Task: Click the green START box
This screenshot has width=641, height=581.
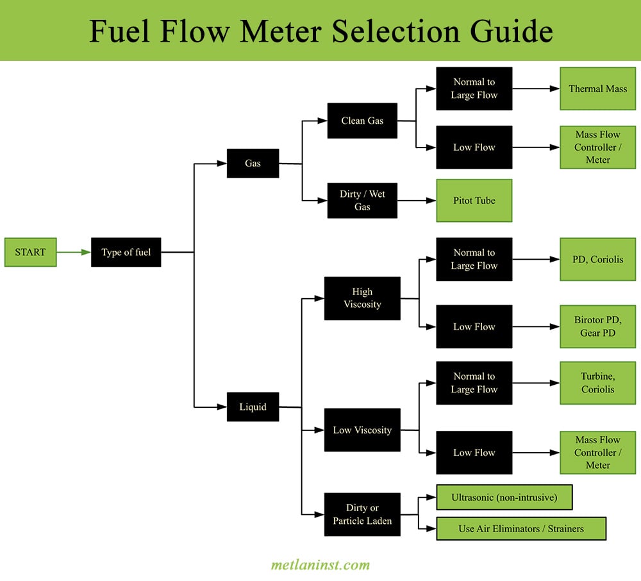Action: (x=30, y=252)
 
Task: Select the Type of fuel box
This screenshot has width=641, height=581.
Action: (x=126, y=252)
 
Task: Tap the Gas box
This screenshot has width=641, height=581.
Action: (x=253, y=163)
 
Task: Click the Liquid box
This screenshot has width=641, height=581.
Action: (x=253, y=407)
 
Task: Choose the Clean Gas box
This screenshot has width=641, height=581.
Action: (x=362, y=121)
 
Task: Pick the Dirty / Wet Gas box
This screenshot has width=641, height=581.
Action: (x=362, y=200)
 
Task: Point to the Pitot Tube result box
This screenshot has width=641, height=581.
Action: (x=474, y=200)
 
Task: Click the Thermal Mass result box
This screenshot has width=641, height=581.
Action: (x=597, y=88)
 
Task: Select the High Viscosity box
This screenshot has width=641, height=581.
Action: (x=362, y=298)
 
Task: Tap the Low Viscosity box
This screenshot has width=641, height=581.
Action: (x=362, y=430)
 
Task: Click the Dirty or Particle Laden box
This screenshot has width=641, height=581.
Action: (x=362, y=514)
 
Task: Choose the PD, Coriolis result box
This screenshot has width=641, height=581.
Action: (x=597, y=259)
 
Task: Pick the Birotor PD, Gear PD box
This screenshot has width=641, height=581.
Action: (x=597, y=326)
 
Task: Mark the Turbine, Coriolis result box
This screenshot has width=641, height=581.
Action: (x=597, y=383)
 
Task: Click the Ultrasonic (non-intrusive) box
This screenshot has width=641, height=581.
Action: (x=504, y=497)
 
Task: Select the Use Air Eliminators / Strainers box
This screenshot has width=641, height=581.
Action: (x=520, y=528)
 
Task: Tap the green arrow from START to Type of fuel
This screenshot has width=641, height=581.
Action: (x=74, y=252)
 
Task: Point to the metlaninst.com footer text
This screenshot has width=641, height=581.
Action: (x=320, y=565)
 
